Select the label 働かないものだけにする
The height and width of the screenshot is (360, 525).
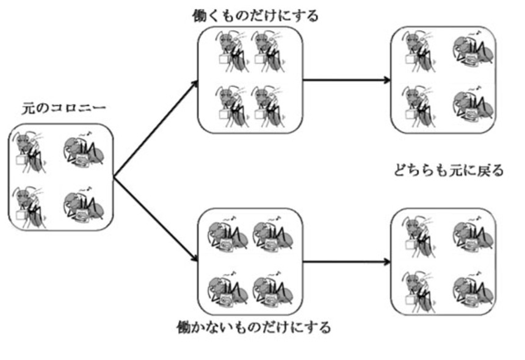[x=252, y=327]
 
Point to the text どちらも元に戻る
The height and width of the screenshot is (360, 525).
[x=450, y=170]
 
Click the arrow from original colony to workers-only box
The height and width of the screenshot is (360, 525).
[x=156, y=129]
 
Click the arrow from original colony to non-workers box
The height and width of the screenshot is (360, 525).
[x=156, y=220]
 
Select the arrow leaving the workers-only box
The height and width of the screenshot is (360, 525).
[x=347, y=79]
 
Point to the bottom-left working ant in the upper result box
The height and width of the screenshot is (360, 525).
[x=419, y=104]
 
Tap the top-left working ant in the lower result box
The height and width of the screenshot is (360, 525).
[x=419, y=235]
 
